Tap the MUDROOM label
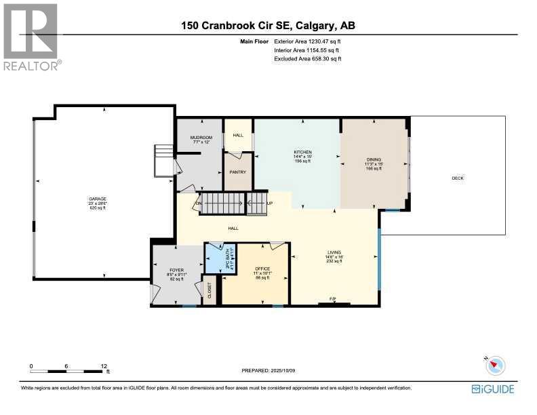click(x=201, y=138)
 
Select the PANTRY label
click(x=237, y=172)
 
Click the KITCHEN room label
click(x=302, y=152)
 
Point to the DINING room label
click(x=374, y=160)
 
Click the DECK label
click(x=458, y=178)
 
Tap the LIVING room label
click(x=333, y=252)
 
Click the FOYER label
click(x=176, y=270)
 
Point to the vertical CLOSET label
click(x=210, y=290)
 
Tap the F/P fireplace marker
click(x=333, y=299)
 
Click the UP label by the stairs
click(x=270, y=203)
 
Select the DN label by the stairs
click(x=199, y=203)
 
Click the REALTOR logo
click(x=31, y=36)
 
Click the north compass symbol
click(x=495, y=365)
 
